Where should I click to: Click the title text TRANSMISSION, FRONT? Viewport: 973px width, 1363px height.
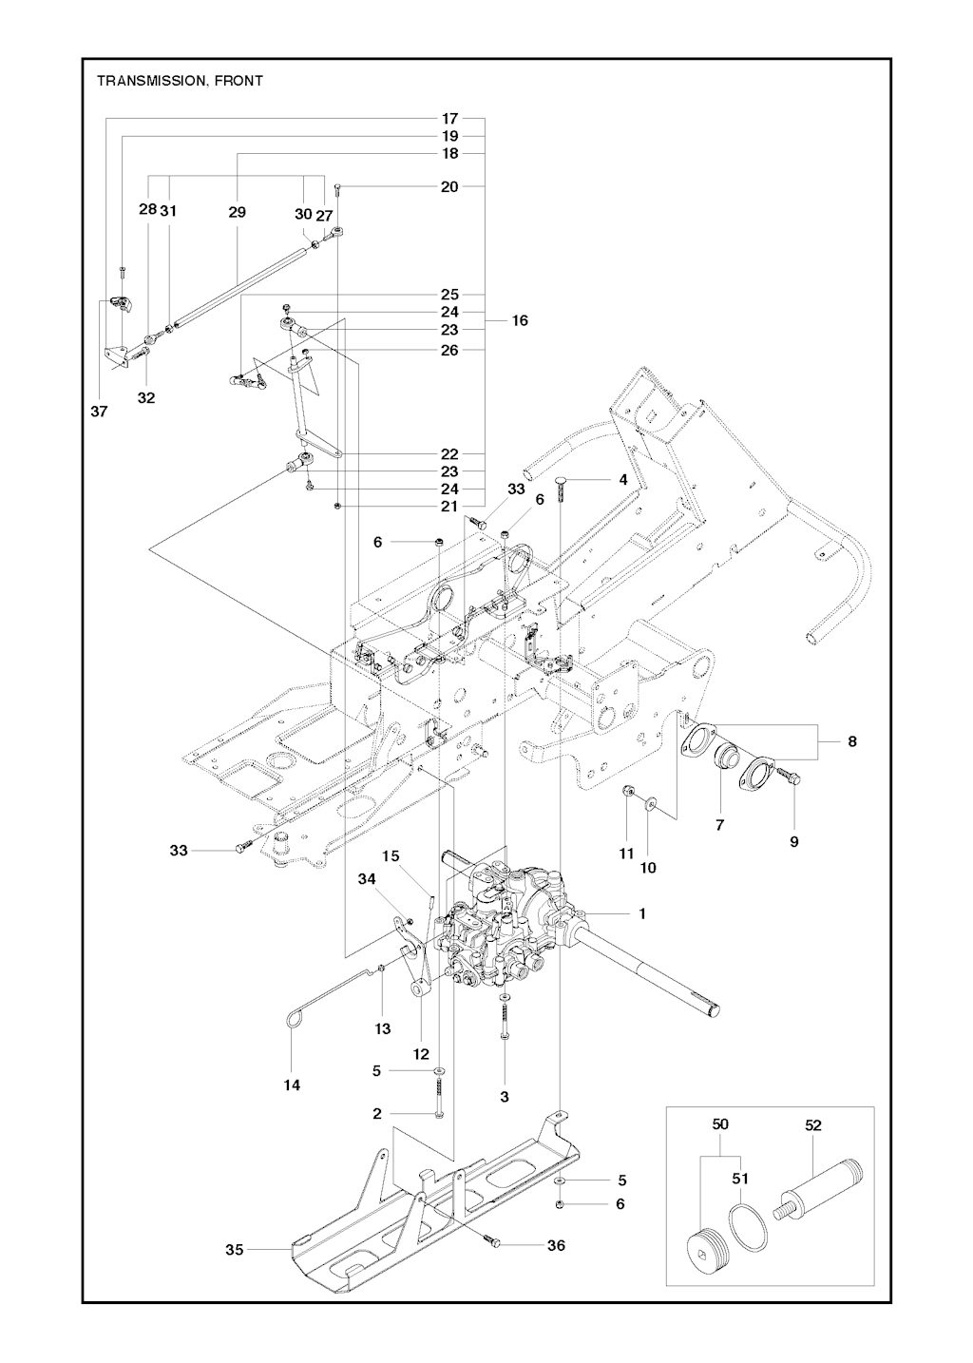tap(180, 81)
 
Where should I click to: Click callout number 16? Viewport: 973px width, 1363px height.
tap(520, 320)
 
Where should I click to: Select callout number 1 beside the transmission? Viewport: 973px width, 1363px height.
tap(642, 931)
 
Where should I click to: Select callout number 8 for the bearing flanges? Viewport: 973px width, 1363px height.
tap(852, 741)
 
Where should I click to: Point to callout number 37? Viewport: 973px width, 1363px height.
tap(99, 412)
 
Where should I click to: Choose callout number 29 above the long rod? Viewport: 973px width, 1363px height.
tap(238, 212)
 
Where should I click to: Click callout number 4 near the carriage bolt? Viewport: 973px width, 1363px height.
tap(622, 480)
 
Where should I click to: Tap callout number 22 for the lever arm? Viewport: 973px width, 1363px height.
tap(450, 454)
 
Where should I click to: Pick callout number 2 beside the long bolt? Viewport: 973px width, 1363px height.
tap(377, 1114)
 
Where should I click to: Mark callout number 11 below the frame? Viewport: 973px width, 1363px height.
tap(626, 854)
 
